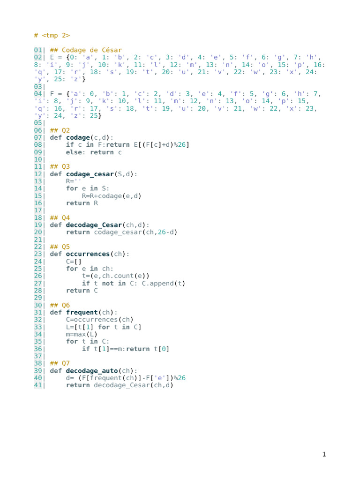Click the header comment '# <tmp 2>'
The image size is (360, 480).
pyautogui.click(x=52, y=36)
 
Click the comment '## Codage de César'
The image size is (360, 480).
pyautogui.click(x=86, y=50)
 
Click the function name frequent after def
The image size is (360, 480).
pyautogui.click(x=82, y=312)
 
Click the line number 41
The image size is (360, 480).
pyautogui.click(x=38, y=385)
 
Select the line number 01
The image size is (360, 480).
pyautogui.click(x=38, y=50)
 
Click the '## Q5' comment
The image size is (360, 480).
pyautogui.click(x=60, y=247)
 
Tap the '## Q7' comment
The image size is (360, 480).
pyautogui.click(x=60, y=363)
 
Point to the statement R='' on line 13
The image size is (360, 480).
pyautogui.click(x=74, y=181)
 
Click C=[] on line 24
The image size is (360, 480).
pyautogui.click(x=74, y=261)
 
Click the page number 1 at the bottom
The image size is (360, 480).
pyautogui.click(x=323, y=454)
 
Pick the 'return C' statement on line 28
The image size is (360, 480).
pyautogui.click(x=82, y=291)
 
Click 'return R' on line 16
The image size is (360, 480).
pyautogui.click(x=82, y=203)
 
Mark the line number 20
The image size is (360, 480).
pyautogui.click(x=38, y=232)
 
